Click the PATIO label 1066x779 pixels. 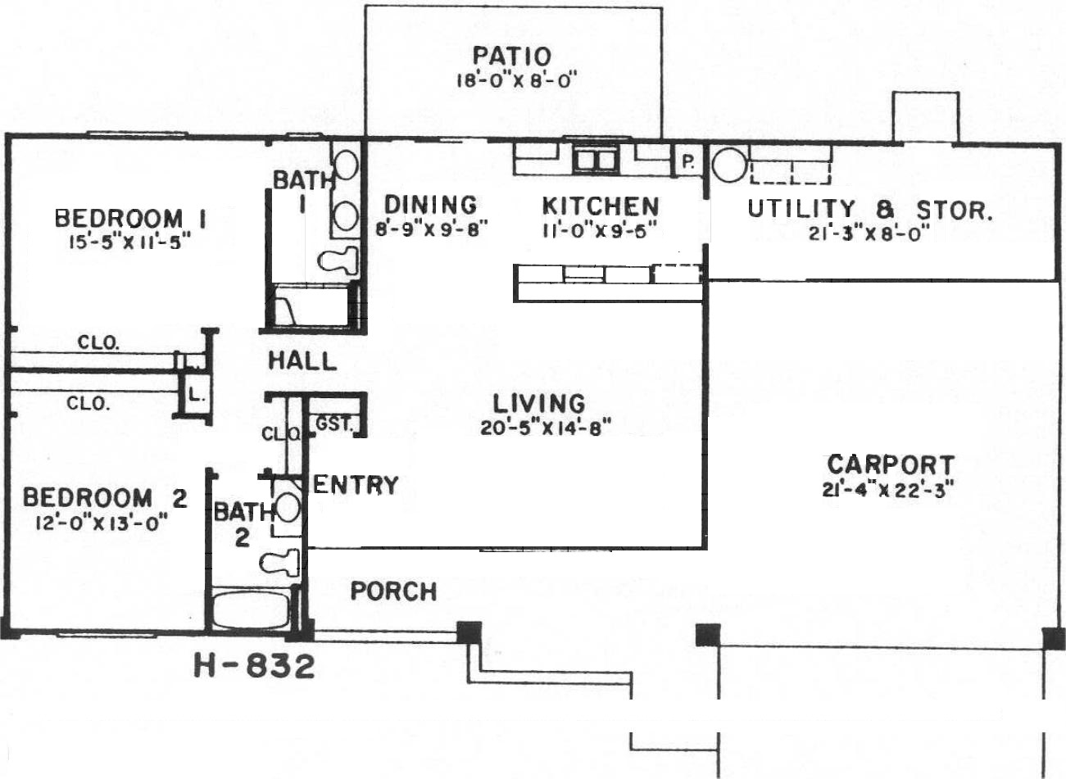512,57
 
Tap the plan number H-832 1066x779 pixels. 254,667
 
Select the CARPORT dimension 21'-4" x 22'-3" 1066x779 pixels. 888,490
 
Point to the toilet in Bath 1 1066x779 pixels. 338,260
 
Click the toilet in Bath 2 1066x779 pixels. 279,564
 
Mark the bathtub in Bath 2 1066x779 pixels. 251,610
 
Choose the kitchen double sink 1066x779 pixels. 597,160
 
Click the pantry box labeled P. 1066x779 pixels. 688,161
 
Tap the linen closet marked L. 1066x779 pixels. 195,395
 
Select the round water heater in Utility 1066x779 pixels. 729,165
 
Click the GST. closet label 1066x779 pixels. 334,423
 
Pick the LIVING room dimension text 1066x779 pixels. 545,428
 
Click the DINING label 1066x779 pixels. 431,205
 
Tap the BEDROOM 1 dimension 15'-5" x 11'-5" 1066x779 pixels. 126,242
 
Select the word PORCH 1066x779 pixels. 393,591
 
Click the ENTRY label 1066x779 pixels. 356,485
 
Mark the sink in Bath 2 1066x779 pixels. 287,508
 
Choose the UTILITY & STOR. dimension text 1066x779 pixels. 869,233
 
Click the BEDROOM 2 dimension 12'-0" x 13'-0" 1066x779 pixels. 102,523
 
